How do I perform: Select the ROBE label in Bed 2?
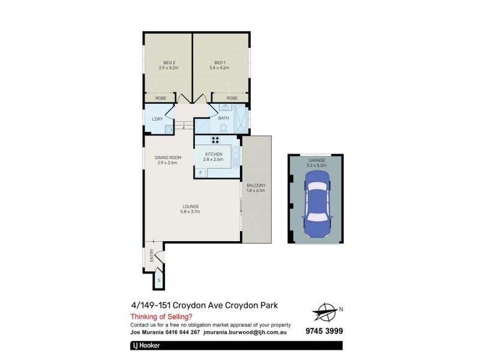tap(161, 98)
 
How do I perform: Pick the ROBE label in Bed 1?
tap(232, 98)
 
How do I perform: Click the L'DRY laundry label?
tap(158, 119)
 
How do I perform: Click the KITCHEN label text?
tap(214, 154)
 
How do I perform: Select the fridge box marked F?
tap(200, 173)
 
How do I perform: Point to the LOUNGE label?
tap(190, 207)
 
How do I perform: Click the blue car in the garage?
tap(316, 202)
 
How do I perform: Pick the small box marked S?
tap(159, 280)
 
